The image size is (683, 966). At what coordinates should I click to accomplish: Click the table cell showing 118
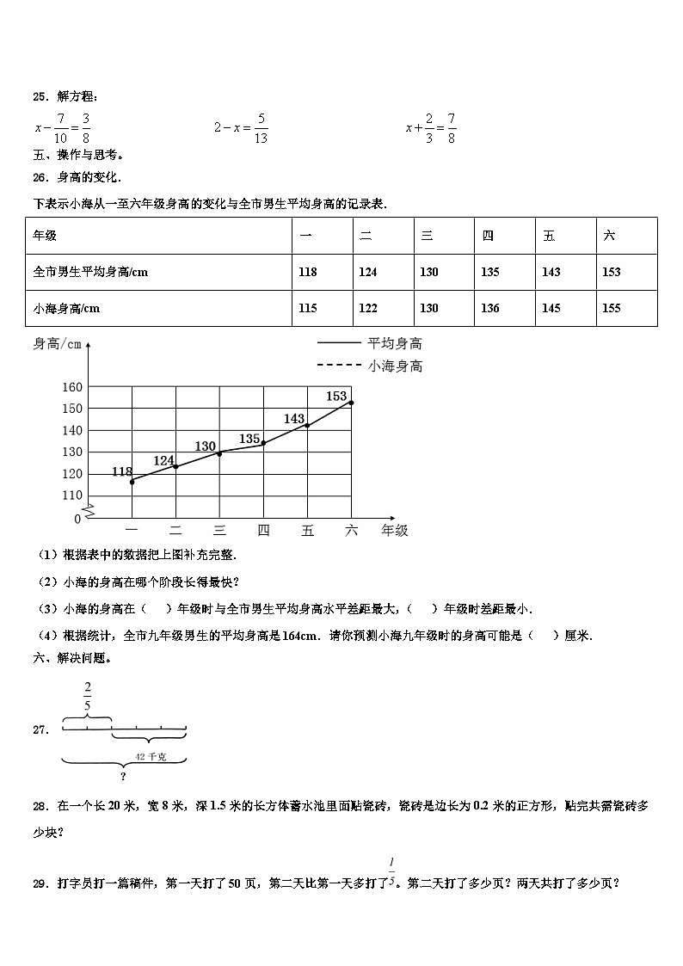tap(307, 272)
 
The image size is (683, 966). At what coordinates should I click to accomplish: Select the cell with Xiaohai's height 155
tap(611, 308)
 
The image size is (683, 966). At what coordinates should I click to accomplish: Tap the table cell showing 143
tap(551, 272)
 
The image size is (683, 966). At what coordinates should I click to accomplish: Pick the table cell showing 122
tap(368, 308)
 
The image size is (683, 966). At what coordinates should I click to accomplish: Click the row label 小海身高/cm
tap(66, 308)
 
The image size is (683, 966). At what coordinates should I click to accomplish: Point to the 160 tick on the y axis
tap(71, 387)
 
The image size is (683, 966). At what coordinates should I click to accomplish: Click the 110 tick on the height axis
tap(71, 495)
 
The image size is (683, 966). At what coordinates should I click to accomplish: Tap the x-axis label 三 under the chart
tap(219, 530)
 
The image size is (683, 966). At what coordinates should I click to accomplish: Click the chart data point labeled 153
tap(351, 403)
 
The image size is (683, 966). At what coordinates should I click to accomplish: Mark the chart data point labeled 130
tap(219, 452)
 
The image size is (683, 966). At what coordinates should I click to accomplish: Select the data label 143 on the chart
tap(294, 419)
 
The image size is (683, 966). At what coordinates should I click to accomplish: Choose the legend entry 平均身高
tap(395, 343)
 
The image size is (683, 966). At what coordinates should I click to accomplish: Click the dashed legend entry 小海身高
tap(395, 366)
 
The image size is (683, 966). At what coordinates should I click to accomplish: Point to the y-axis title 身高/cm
tap(57, 345)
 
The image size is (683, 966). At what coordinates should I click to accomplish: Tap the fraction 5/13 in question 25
tap(261, 127)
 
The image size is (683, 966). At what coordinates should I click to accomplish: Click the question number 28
tap(40, 806)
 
